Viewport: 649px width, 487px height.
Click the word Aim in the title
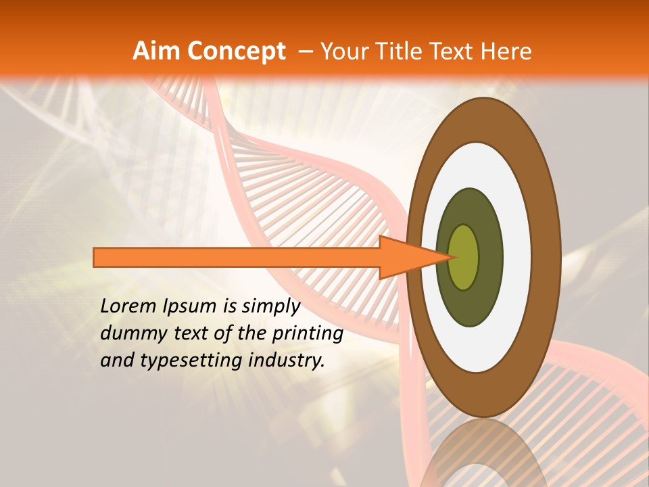(156, 51)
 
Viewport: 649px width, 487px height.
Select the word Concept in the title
(237, 51)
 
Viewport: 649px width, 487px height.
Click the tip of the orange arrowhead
(454, 257)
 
